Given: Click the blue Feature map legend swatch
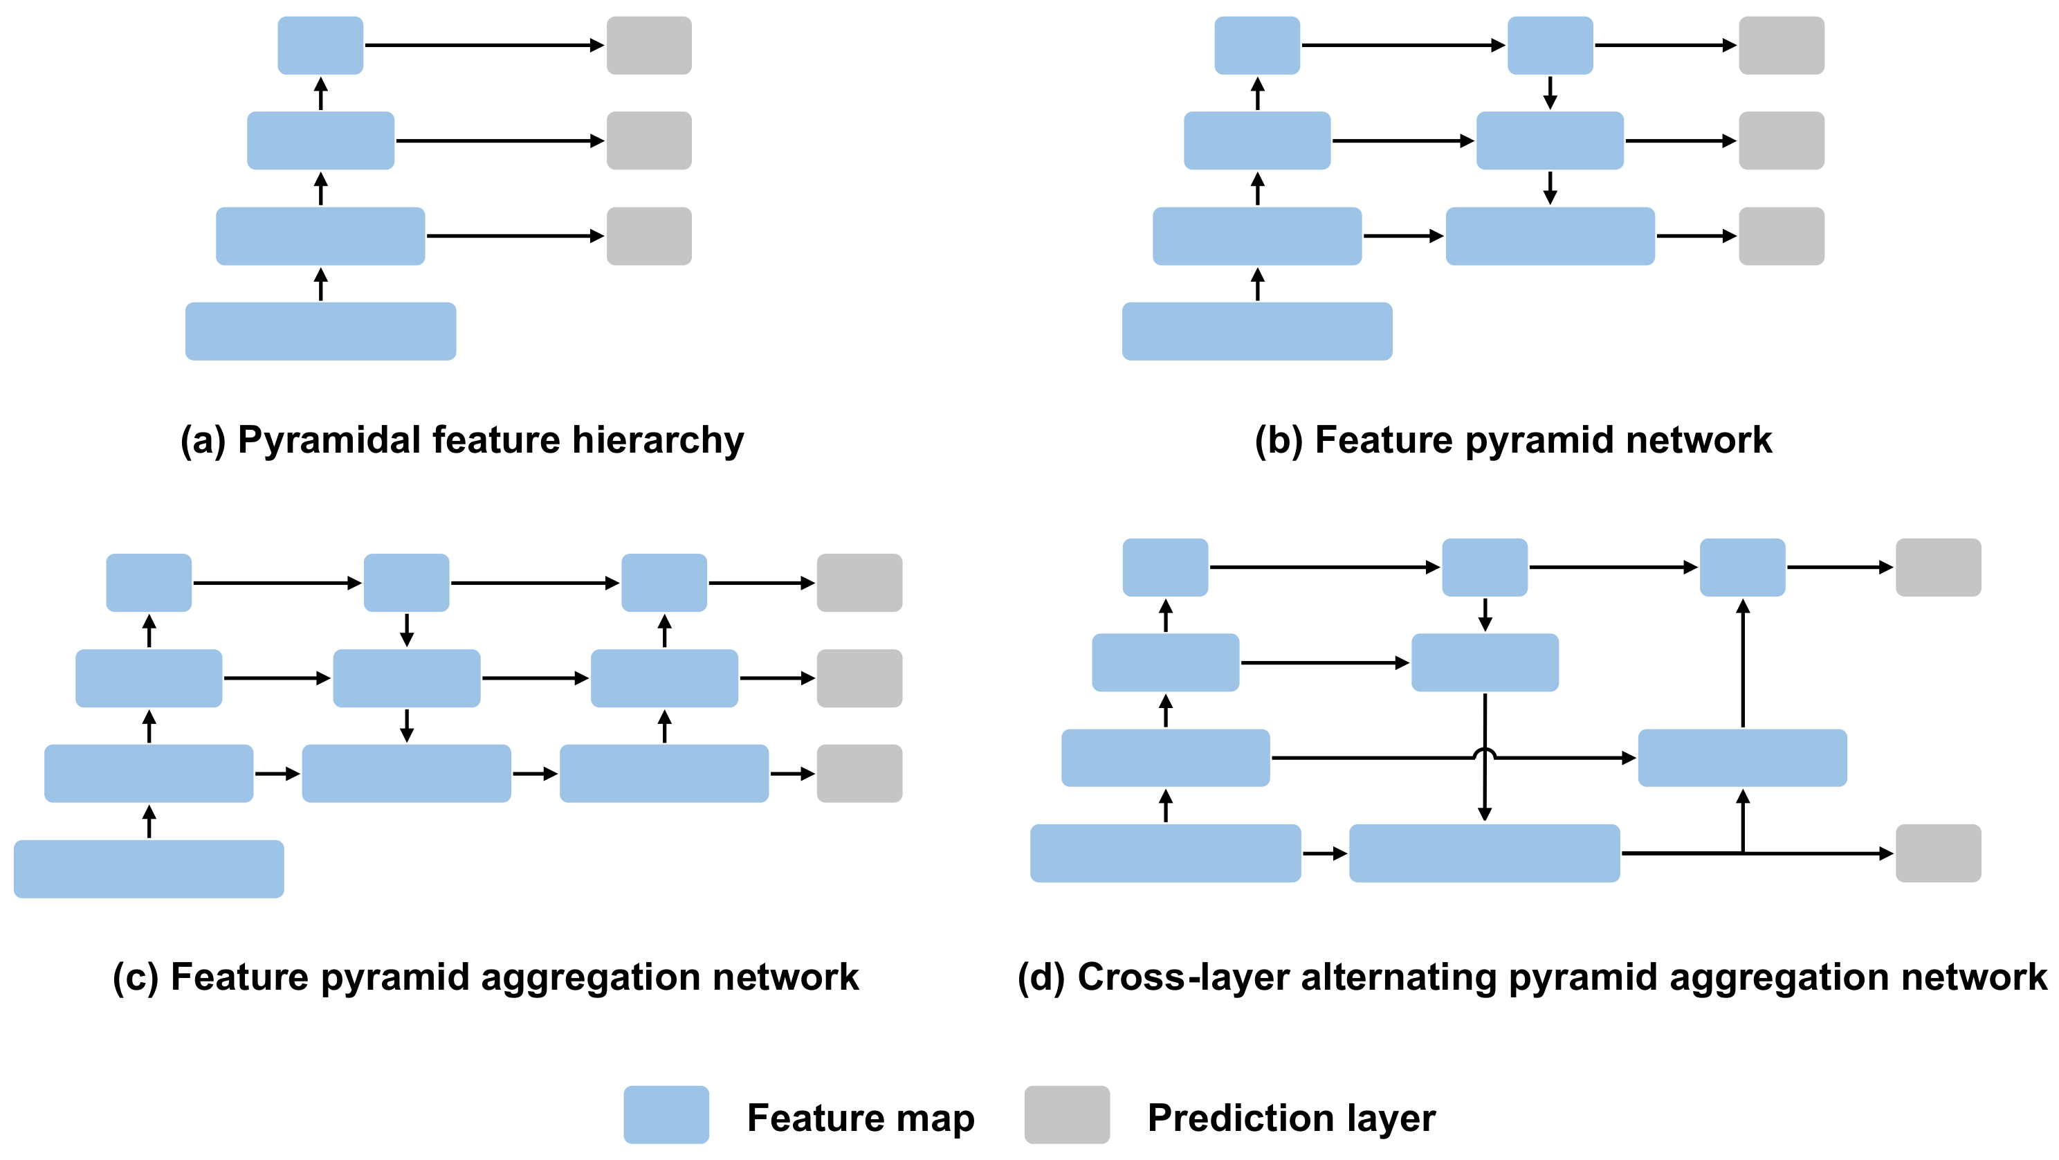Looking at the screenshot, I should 666,1114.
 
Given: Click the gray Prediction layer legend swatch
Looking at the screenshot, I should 1066,1114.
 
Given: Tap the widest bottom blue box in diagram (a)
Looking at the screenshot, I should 320,331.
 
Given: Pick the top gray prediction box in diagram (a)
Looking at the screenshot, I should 649,46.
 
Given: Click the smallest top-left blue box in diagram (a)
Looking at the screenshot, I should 320,46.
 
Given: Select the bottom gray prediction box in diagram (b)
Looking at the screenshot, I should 1781,236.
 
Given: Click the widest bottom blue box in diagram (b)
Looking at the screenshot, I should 1256,331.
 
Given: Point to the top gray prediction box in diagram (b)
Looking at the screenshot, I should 1781,46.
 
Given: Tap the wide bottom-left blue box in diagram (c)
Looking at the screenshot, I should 149,869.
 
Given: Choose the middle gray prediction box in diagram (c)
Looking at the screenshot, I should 859,678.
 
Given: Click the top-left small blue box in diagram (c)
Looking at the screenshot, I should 149,583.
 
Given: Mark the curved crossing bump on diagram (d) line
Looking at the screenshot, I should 1484,752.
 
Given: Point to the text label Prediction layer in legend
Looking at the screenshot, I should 1291,1118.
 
